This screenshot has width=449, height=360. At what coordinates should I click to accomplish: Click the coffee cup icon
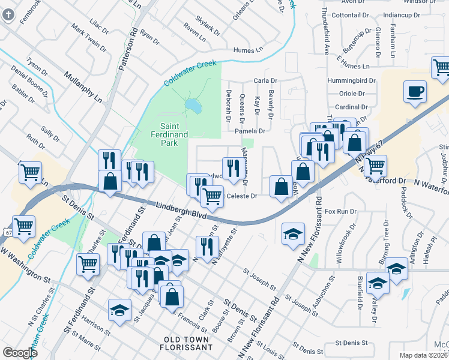coord(415,92)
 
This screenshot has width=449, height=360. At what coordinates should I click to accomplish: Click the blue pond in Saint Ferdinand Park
coord(193,106)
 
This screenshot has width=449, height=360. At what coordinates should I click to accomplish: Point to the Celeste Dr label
coord(241,196)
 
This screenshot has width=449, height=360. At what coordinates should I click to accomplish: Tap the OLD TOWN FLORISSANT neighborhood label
coord(188,343)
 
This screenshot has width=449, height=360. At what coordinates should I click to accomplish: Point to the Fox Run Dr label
coord(340,212)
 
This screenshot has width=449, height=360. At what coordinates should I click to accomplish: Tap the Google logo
coord(20,352)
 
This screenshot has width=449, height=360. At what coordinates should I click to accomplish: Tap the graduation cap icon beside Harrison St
coord(119,310)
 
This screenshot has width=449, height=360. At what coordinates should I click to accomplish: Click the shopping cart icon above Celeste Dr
coord(212,196)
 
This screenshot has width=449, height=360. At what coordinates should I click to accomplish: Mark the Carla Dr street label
coord(265,80)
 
